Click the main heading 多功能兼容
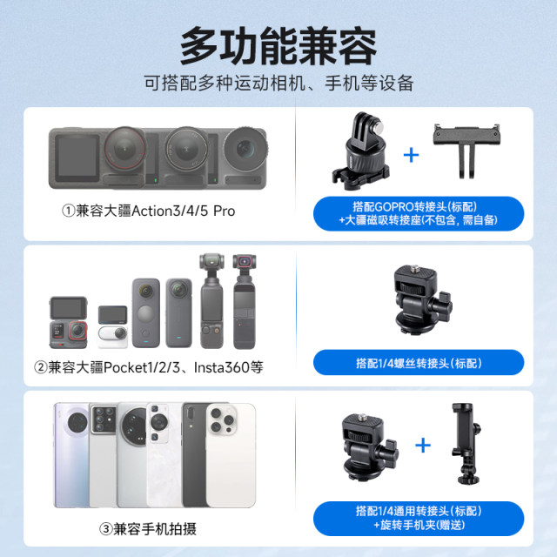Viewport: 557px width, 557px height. pyautogui.click(x=278, y=45)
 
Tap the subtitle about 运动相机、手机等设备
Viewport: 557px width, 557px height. pyautogui.click(x=278, y=84)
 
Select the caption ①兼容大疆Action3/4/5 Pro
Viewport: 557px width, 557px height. pyautogui.click(x=148, y=211)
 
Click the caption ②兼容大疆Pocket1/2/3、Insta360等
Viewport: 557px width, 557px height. pyautogui.click(x=148, y=367)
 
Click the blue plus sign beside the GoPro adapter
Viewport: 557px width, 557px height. pyautogui.click(x=411, y=155)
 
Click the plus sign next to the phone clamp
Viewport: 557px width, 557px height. pyautogui.click(x=422, y=446)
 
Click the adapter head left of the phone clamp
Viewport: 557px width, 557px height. pyautogui.click(x=366, y=453)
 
